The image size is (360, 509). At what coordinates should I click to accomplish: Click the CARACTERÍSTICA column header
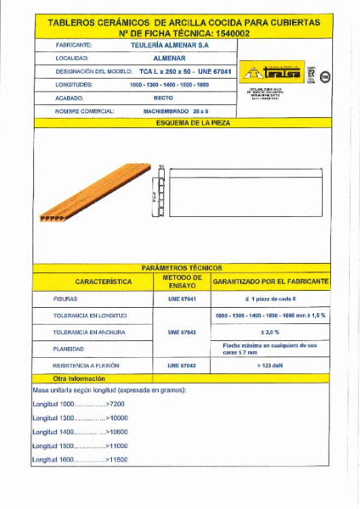click(x=91, y=281)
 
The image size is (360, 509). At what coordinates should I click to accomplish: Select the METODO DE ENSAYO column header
click(x=181, y=281)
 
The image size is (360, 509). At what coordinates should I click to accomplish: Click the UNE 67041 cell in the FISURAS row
click(x=181, y=299)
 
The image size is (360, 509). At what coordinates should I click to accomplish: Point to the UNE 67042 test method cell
click(x=181, y=365)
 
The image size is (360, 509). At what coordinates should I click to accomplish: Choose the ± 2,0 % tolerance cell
click(x=270, y=332)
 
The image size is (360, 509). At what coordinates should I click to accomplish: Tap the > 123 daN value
click(x=270, y=365)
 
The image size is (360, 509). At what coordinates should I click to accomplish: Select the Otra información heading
click(x=80, y=378)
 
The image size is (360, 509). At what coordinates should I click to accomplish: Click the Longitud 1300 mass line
click(x=80, y=418)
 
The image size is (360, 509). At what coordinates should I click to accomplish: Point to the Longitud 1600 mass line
click(x=80, y=459)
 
